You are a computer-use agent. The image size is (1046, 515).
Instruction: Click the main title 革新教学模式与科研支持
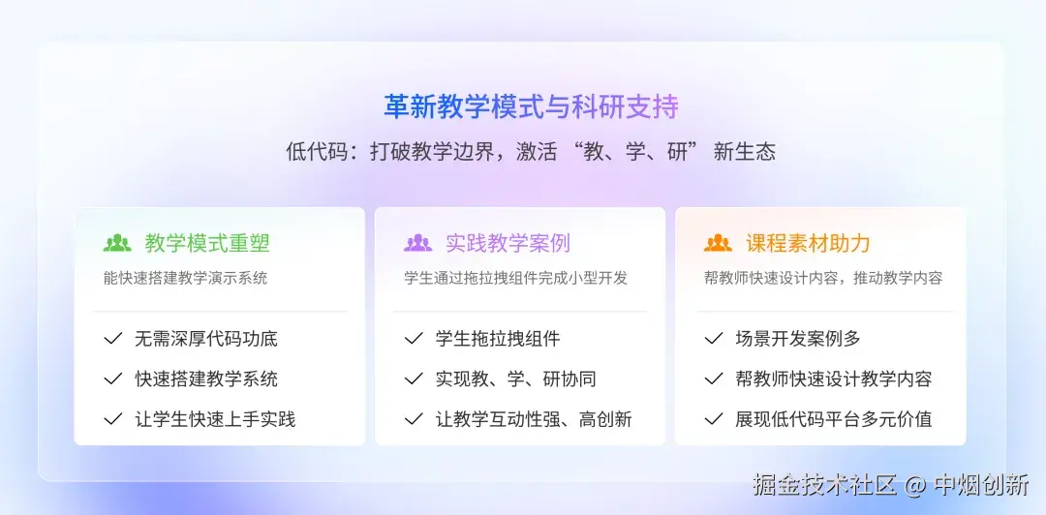click(x=531, y=106)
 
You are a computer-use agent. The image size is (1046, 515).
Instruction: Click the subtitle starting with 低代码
click(x=531, y=152)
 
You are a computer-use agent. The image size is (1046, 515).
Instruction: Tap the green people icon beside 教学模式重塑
click(x=117, y=243)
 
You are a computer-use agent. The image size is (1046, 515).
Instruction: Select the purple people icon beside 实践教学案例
click(x=417, y=243)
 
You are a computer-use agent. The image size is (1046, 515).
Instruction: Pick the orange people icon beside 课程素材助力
click(x=718, y=243)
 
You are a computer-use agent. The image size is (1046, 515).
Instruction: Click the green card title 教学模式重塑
click(x=207, y=243)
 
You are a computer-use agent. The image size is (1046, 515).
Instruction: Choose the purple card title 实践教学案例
click(x=508, y=243)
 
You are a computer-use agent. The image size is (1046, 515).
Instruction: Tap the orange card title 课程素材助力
click(x=808, y=243)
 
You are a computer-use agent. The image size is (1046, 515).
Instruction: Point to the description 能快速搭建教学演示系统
click(x=185, y=278)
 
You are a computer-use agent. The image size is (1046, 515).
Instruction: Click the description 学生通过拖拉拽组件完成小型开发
click(x=516, y=278)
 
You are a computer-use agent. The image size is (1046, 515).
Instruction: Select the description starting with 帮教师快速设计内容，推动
click(x=823, y=278)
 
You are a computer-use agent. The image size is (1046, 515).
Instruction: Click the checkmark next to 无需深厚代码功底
click(x=113, y=339)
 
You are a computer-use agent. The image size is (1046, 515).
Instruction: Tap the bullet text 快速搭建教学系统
click(x=206, y=379)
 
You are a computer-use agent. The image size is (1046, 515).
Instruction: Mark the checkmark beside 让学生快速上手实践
click(x=113, y=419)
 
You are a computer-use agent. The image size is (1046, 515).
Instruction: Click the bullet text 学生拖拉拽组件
click(x=498, y=339)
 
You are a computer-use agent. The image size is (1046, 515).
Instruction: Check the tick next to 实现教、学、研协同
click(x=414, y=379)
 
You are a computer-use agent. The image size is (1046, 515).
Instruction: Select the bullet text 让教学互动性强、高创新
click(x=534, y=419)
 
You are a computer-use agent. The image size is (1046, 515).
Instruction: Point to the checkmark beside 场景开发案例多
click(x=714, y=339)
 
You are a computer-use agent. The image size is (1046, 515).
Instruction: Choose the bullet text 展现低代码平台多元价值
click(x=834, y=419)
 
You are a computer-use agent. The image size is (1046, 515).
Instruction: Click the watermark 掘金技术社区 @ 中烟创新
click(x=891, y=483)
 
